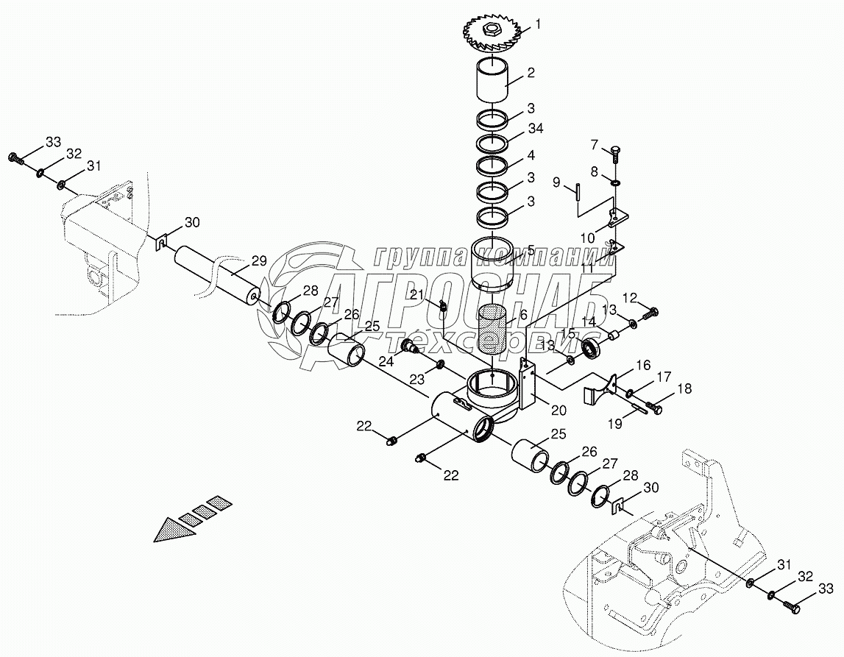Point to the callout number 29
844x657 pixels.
tap(258, 261)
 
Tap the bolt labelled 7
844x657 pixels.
tap(614, 153)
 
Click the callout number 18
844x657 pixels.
tap(685, 389)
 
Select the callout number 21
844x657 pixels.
tap(418, 295)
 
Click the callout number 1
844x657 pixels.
tap(538, 24)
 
